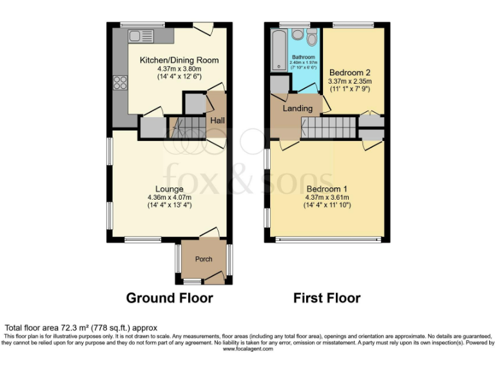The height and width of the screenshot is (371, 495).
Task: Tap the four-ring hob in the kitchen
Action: [x=120, y=82]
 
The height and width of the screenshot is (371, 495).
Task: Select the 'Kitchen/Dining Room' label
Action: [x=179, y=60]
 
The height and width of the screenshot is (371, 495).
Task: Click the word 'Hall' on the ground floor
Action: [x=217, y=120]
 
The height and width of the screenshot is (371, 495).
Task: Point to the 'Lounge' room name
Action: [x=170, y=189]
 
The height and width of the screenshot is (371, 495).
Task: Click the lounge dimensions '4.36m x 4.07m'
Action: [x=170, y=197]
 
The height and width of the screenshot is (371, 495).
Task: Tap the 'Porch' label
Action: [x=204, y=260]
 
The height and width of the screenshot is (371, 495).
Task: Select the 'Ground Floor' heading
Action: [x=169, y=298]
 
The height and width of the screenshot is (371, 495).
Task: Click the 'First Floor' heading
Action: [x=327, y=298]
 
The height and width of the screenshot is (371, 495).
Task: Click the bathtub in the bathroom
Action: [x=278, y=50]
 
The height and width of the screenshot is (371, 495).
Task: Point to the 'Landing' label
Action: [x=298, y=108]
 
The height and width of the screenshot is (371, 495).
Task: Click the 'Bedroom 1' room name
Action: [x=326, y=189]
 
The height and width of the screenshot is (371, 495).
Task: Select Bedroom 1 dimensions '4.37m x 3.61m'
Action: [x=326, y=197]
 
